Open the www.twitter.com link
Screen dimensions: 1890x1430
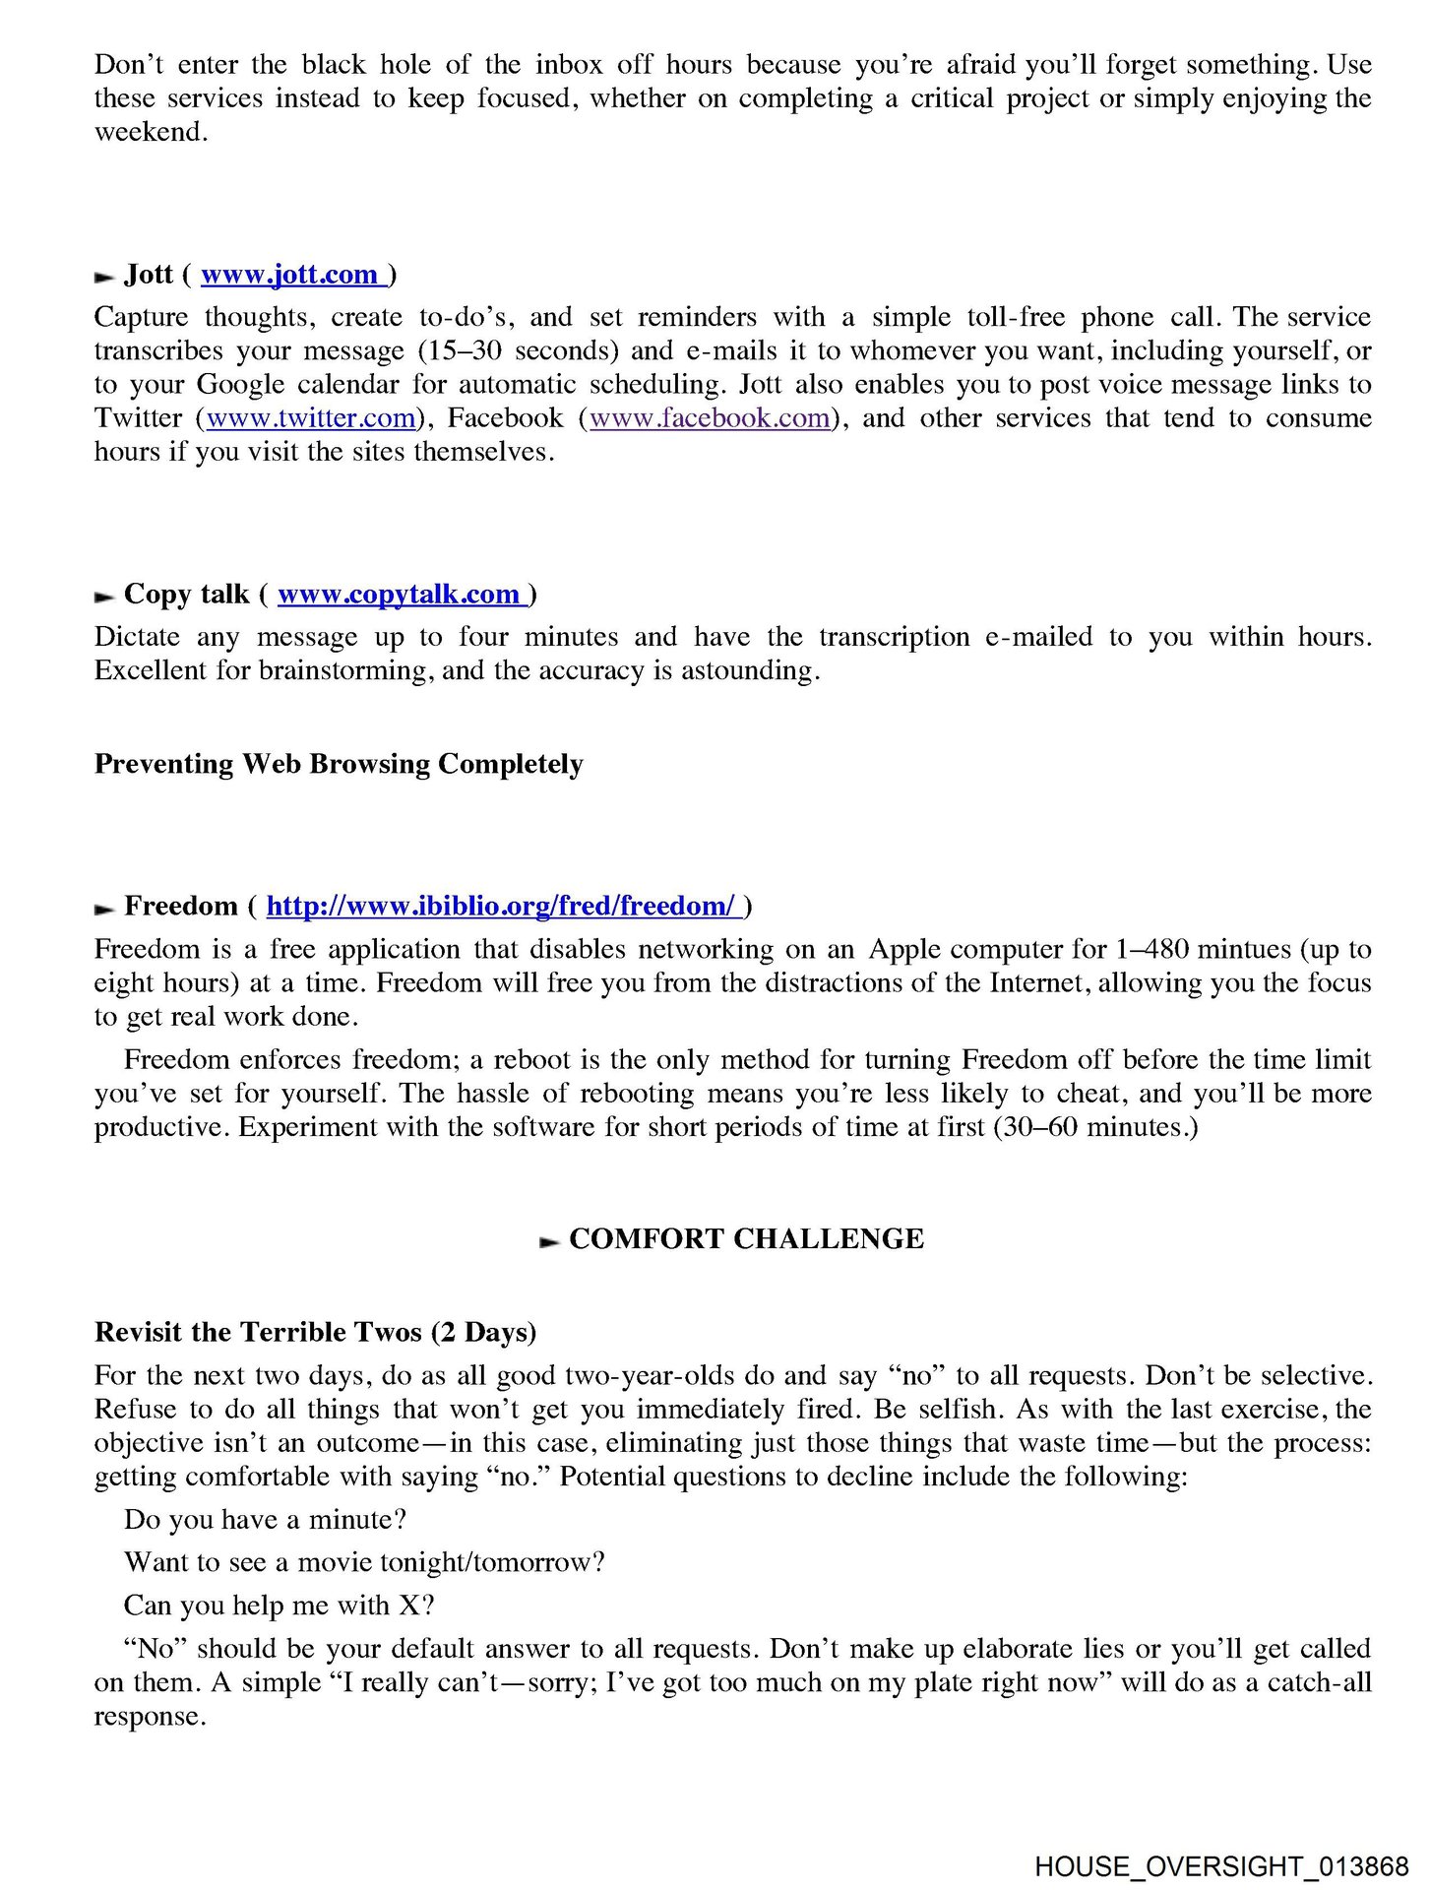tap(311, 418)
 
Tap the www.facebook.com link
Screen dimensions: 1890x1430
tap(710, 418)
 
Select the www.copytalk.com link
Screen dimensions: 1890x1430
tap(399, 595)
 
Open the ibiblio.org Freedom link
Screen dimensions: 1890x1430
tap(500, 907)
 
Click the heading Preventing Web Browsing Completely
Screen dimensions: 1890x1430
tap(339, 765)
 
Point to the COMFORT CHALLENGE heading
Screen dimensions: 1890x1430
tap(746, 1239)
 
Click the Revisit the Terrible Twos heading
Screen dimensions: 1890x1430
tap(315, 1333)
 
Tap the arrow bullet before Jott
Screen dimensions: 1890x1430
tap(104, 278)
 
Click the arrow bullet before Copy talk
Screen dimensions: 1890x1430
tap(104, 598)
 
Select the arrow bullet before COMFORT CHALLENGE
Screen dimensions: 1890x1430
tap(549, 1242)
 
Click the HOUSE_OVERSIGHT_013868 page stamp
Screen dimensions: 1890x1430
tap(1221, 1866)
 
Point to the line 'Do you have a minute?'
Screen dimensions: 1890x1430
tap(265, 1520)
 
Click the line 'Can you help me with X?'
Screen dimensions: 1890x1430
tap(279, 1606)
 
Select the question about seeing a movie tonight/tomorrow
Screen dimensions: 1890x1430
tap(364, 1562)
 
